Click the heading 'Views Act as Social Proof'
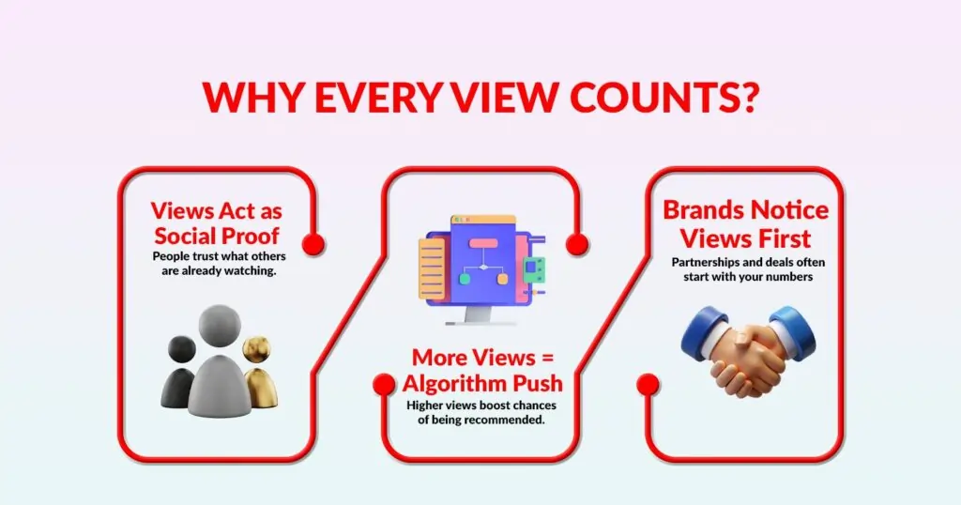(x=217, y=223)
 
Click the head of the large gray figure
(x=220, y=326)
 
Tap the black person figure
(x=179, y=372)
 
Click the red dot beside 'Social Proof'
(x=313, y=243)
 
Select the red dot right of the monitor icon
(x=577, y=243)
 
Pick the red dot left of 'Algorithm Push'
(x=384, y=384)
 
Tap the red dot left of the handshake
(x=648, y=384)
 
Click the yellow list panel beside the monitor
(x=432, y=269)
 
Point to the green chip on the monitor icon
(x=534, y=269)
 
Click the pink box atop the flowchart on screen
(x=483, y=243)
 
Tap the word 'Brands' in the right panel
(x=704, y=210)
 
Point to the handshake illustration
(x=748, y=350)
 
